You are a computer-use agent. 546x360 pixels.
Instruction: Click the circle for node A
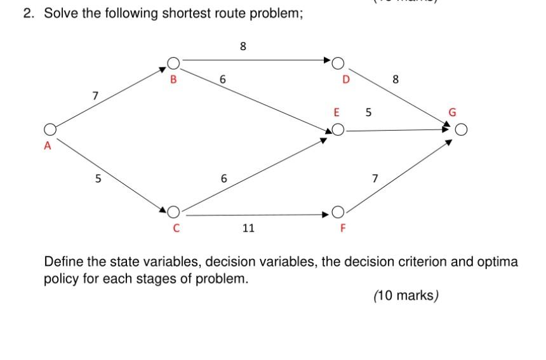pos(50,130)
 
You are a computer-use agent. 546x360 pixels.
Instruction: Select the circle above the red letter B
pos(173,62)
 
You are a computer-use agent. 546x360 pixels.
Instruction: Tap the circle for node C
pos(173,211)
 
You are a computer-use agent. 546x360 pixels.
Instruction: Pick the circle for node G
pos(462,131)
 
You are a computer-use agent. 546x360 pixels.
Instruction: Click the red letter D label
pos(346,80)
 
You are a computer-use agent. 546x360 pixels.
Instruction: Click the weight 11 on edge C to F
pos(248,227)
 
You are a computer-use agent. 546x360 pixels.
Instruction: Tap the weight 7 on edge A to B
pos(95,96)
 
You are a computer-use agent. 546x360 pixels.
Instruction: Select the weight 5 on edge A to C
pos(98,178)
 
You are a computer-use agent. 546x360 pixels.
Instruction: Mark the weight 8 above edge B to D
pos(243,46)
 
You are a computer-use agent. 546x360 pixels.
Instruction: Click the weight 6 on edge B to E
pos(222,80)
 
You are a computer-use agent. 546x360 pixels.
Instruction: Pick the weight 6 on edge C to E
pos(223,178)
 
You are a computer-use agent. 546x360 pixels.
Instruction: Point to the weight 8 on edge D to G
pos(396,79)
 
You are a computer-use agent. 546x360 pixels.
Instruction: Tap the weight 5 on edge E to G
pos(368,113)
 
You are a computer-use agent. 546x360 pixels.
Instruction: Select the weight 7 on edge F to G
pos(375,178)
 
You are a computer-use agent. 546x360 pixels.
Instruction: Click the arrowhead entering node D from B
pos(327,61)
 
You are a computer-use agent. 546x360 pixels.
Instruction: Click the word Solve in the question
pos(59,13)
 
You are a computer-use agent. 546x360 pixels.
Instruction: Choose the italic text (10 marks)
pos(406,295)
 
